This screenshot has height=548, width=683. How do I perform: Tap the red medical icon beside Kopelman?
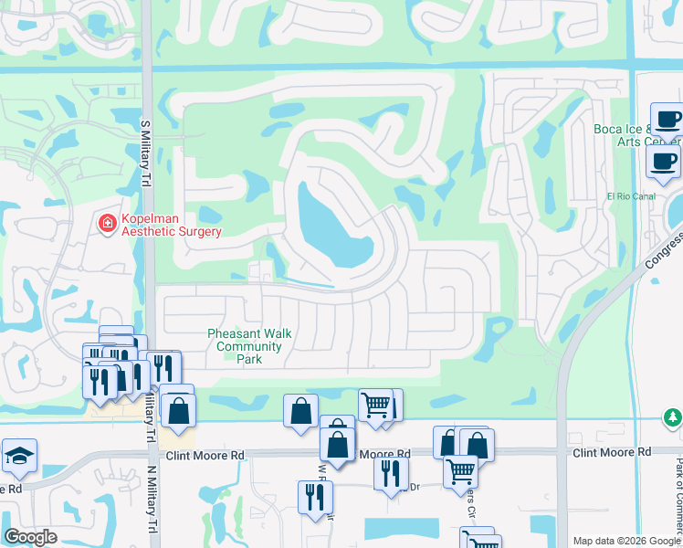pyautogui.click(x=107, y=222)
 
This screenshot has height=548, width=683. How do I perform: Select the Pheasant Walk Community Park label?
pyautogui.click(x=249, y=346)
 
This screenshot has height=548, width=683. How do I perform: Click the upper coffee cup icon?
pyautogui.click(x=667, y=120)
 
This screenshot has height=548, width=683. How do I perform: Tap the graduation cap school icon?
pyautogui.click(x=18, y=456)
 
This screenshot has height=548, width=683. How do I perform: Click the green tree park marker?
pyautogui.click(x=672, y=417)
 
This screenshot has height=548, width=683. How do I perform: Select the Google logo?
pyautogui.click(x=31, y=536)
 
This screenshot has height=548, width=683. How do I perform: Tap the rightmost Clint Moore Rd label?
pyautogui.click(x=612, y=452)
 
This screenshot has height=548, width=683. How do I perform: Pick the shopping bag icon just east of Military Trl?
pyautogui.click(x=180, y=414)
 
